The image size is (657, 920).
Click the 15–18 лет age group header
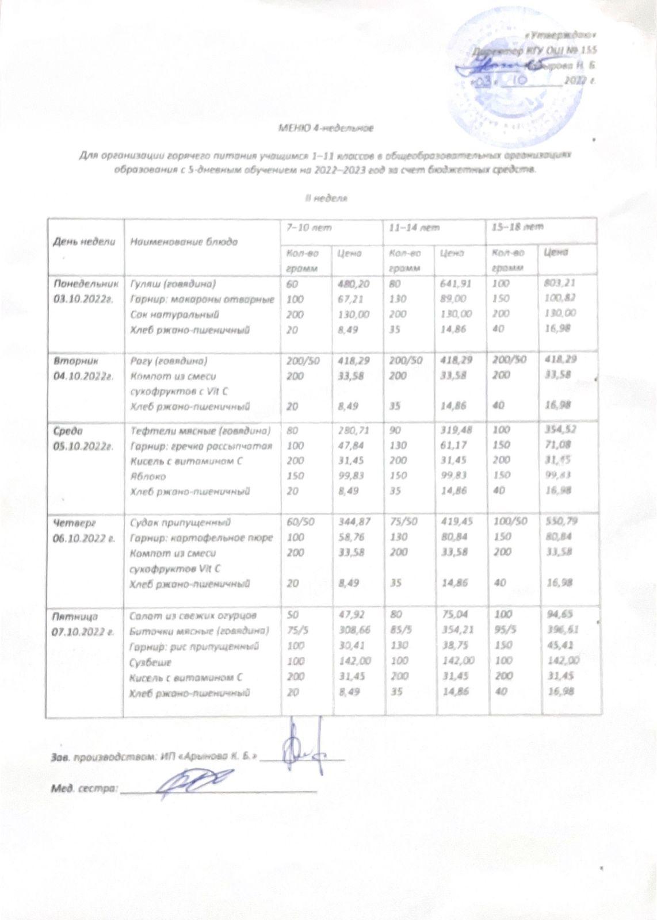515,228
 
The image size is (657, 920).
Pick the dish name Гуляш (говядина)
173,284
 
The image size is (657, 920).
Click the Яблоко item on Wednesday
149,477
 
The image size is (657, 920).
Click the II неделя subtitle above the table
326,198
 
